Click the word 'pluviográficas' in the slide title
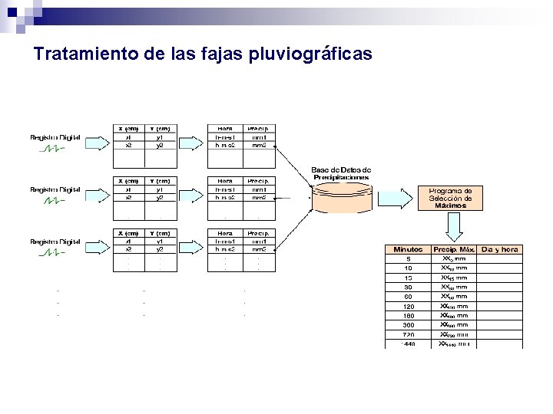(x=311, y=55)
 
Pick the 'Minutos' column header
(x=408, y=249)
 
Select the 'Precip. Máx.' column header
(x=454, y=249)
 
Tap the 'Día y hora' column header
(x=500, y=249)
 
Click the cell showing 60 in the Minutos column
(x=409, y=297)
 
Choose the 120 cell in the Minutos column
(x=409, y=306)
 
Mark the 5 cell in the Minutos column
(x=409, y=259)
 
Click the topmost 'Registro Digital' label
(x=55, y=137)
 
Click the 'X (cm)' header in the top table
(x=128, y=128)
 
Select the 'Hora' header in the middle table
(x=225, y=181)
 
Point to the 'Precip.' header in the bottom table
(x=258, y=233)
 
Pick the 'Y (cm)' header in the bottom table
(x=161, y=233)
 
